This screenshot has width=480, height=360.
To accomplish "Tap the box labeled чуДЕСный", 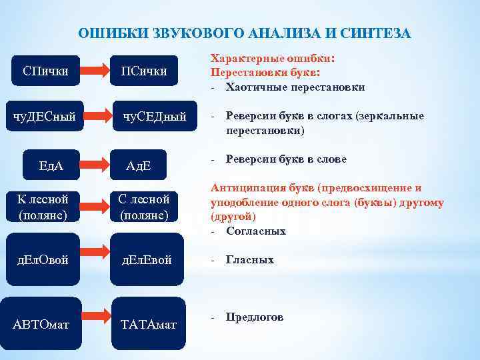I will (45, 117).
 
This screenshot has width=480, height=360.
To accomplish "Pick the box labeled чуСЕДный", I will (154, 117).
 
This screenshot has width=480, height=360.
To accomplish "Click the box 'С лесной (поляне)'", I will (144, 207).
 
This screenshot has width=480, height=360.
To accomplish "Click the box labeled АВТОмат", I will (42, 323).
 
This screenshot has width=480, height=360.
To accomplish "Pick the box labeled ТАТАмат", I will (148, 323).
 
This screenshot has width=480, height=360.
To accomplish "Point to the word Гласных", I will (250, 260).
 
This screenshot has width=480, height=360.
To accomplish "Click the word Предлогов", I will (255, 317).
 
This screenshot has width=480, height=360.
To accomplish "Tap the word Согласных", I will (256, 231).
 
